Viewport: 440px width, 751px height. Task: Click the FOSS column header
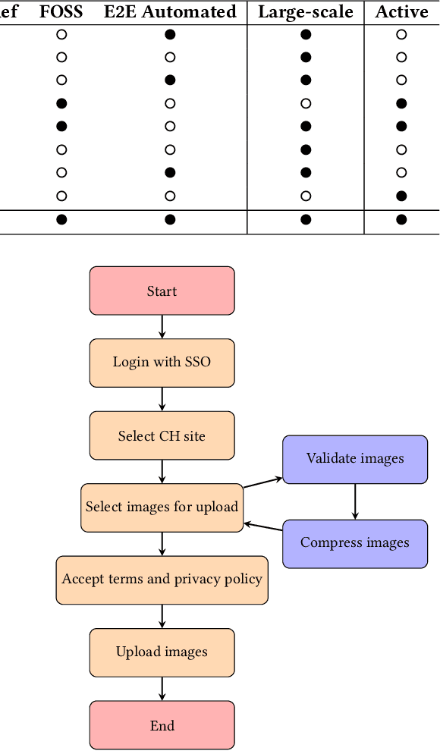click(61, 12)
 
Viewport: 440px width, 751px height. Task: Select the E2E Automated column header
click(170, 12)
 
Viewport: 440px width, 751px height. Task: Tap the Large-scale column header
click(306, 12)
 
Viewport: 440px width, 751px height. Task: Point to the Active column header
click(401, 12)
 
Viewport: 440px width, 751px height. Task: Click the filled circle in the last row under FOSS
click(61, 220)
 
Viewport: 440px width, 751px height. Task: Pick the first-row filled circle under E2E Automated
click(170, 34)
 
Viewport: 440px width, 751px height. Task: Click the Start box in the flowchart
click(162, 291)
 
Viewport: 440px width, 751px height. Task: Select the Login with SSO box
click(162, 363)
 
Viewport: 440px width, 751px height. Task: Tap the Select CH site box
click(162, 435)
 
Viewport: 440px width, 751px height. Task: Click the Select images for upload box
click(162, 507)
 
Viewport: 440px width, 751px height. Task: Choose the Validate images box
click(355, 459)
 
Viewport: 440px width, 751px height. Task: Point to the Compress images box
click(355, 543)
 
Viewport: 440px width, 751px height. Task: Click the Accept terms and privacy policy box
click(162, 580)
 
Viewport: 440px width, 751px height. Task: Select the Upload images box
click(162, 652)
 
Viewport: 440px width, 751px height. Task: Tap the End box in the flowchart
click(162, 726)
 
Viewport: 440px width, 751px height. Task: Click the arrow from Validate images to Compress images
click(355, 501)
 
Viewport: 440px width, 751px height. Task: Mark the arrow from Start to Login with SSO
click(162, 326)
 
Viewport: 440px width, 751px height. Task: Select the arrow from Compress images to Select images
click(262, 529)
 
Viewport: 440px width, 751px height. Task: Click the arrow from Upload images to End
click(162, 689)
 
